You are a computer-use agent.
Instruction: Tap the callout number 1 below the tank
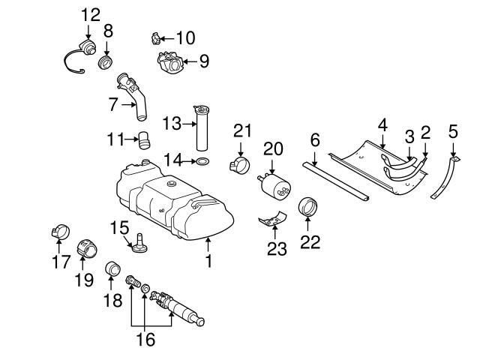point(208,261)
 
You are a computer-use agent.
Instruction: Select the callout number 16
point(145,340)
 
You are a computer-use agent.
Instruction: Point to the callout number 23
point(277,248)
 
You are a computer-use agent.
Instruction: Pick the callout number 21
point(240,130)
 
